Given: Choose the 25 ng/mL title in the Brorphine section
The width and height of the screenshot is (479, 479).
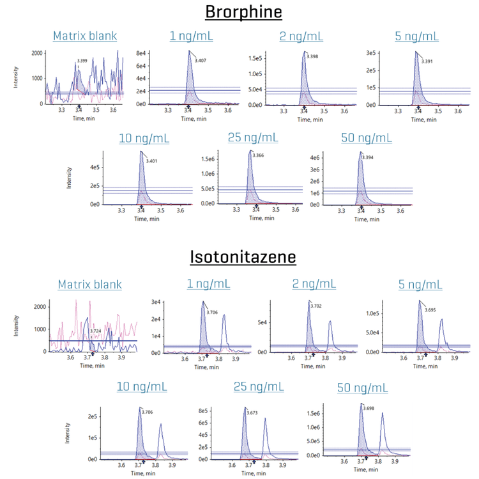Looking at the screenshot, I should (252, 137).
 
